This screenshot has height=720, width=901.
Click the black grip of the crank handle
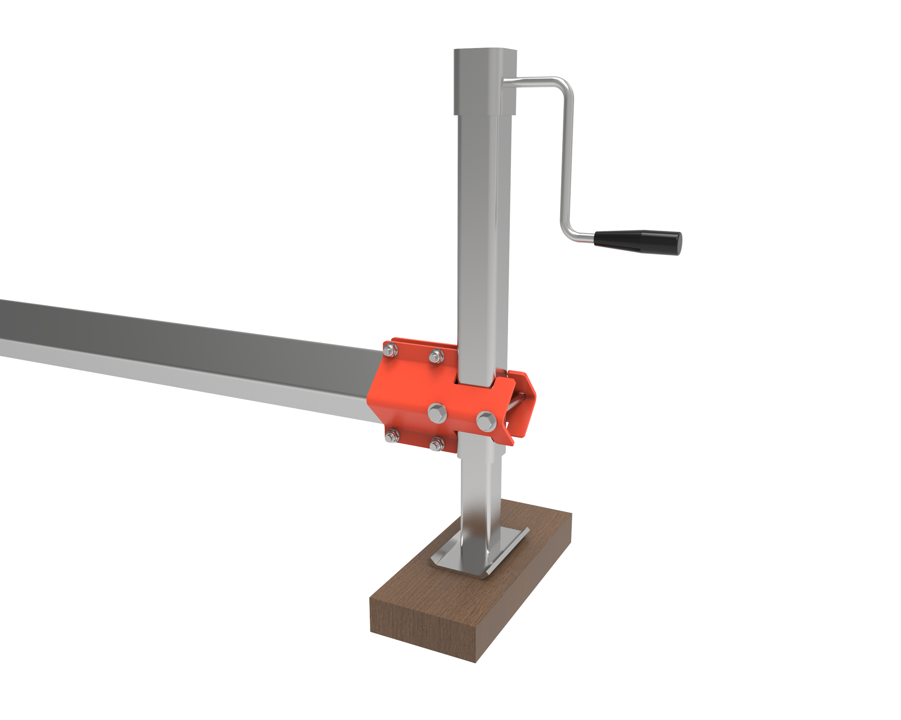[637, 242]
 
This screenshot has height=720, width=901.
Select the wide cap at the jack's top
[485, 81]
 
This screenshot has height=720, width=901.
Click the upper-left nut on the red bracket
[390, 350]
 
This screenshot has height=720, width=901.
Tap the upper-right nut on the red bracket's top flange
[437, 356]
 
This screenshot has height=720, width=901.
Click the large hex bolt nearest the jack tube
[487, 421]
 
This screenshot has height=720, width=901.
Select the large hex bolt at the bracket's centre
[437, 413]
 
